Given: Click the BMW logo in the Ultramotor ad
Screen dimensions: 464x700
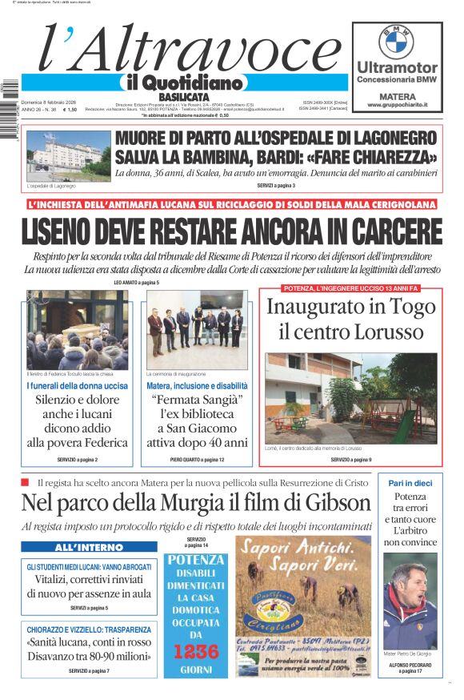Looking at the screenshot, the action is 397,42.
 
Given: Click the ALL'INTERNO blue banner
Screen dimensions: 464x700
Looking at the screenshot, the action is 89,548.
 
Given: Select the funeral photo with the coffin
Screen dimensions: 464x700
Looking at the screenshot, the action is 77,329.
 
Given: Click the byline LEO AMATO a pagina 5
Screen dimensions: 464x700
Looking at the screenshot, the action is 137,283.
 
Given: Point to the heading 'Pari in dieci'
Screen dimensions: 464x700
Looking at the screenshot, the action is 410,483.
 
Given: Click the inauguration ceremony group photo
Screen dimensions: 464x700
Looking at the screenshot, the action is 197,329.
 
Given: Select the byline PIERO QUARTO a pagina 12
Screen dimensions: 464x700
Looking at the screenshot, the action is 197,460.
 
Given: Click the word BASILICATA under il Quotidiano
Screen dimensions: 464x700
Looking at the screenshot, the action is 184,97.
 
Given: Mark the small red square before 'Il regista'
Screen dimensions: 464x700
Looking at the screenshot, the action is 25,482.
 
